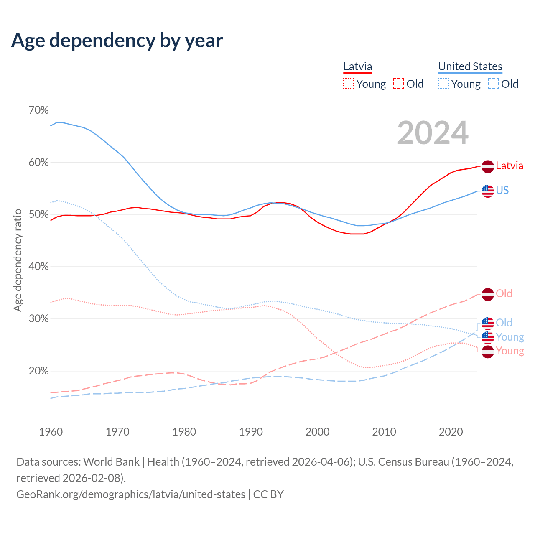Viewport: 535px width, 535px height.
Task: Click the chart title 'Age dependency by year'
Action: pyautogui.click(x=117, y=40)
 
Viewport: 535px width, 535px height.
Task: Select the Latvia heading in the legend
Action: pyautogui.click(x=357, y=66)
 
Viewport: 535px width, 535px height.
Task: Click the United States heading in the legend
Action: pyautogui.click(x=470, y=66)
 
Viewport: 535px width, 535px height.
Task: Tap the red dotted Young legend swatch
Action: pyautogui.click(x=348, y=84)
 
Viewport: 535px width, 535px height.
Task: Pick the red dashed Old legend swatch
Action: pyautogui.click(x=399, y=84)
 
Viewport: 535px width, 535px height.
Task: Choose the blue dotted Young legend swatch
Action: pyautogui.click(x=443, y=84)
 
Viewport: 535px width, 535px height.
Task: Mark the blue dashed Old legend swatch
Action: pyautogui.click(x=493, y=84)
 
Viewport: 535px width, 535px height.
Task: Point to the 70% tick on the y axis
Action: pyautogui.click(x=38, y=110)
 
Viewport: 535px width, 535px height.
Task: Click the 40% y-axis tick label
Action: pyautogui.click(x=38, y=266)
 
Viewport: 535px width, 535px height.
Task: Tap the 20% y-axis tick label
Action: pyautogui.click(x=38, y=371)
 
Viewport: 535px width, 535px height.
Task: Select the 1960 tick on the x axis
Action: pyautogui.click(x=51, y=431)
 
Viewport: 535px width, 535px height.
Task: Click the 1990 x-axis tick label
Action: pyautogui.click(x=251, y=431)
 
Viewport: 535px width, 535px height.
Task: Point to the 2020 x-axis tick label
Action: pyautogui.click(x=451, y=431)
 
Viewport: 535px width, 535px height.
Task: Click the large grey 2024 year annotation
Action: pyautogui.click(x=433, y=133)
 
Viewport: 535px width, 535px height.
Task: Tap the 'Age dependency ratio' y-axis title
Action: pyautogui.click(x=18, y=260)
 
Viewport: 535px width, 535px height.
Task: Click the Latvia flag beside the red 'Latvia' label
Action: pyautogui.click(x=487, y=166)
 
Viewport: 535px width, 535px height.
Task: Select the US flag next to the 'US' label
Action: pyautogui.click(x=487, y=191)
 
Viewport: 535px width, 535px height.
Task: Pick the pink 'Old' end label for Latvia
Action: pyautogui.click(x=504, y=293)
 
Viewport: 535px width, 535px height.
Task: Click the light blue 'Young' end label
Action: pyautogui.click(x=510, y=337)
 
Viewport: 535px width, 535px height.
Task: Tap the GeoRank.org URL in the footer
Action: pyautogui.click(x=131, y=494)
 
